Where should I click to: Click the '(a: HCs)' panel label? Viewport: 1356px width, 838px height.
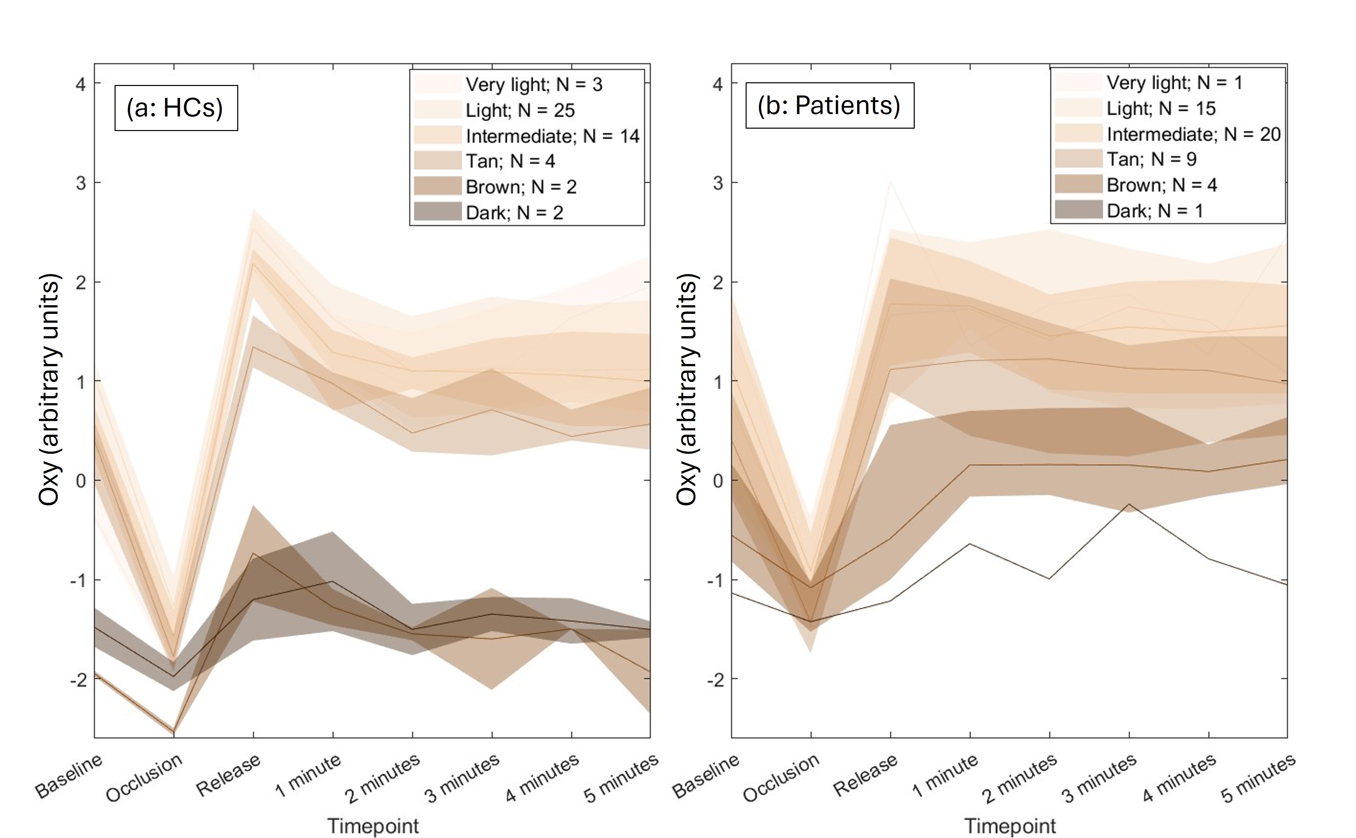click(x=175, y=108)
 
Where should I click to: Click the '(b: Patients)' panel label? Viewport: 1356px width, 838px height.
click(x=829, y=105)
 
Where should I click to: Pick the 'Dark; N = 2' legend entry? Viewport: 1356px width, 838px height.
click(x=514, y=213)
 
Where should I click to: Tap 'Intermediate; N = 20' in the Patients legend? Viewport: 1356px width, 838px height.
click(x=1193, y=134)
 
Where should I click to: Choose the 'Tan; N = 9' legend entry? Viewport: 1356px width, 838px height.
click(x=1151, y=159)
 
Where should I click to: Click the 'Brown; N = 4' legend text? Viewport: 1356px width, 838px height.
click(x=1161, y=185)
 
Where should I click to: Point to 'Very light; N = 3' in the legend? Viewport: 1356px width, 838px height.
click(x=533, y=84)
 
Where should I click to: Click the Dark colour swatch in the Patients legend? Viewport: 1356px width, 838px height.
click(x=1078, y=210)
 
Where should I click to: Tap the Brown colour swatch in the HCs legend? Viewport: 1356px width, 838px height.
click(x=438, y=186)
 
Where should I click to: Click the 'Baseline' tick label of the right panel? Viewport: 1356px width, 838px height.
click(x=706, y=776)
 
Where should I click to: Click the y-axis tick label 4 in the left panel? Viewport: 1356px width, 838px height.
click(x=81, y=84)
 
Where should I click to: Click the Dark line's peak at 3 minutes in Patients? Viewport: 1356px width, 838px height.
click(x=1129, y=504)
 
